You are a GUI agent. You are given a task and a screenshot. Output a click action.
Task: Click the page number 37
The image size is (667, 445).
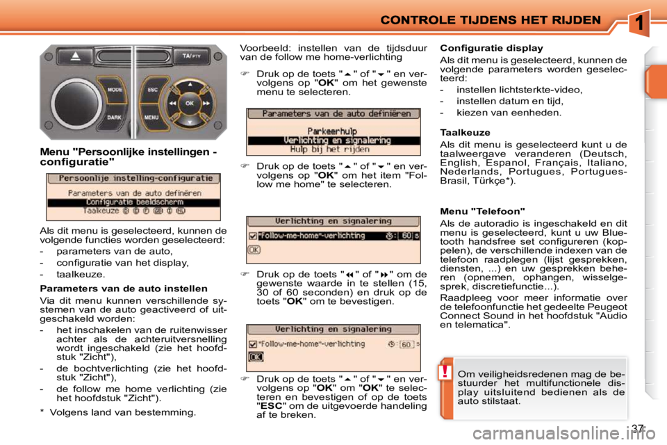639,428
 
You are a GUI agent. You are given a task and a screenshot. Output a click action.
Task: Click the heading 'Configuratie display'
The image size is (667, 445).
491,49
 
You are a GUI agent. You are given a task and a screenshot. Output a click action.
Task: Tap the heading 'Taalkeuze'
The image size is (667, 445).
465,131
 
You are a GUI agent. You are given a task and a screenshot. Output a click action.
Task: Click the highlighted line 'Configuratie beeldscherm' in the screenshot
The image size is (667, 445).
133,202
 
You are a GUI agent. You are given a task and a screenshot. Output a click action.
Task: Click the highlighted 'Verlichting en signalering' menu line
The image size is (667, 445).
333,140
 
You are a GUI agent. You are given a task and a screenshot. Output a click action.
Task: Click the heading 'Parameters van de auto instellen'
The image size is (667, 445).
124,288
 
